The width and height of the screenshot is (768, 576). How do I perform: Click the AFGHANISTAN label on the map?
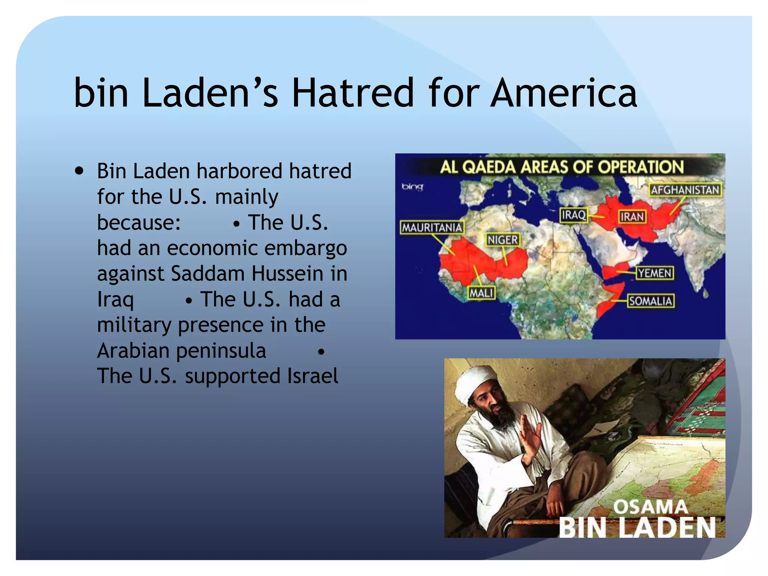click(x=685, y=190)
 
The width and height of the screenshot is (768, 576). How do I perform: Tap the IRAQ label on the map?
click(x=573, y=215)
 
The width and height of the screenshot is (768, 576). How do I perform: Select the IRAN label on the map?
click(x=632, y=216)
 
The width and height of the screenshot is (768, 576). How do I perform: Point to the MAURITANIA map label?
click(x=432, y=227)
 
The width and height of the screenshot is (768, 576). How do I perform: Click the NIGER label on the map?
click(x=502, y=240)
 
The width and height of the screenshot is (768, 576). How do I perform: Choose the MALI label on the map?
click(x=481, y=292)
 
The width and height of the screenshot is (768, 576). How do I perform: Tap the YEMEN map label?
click(x=654, y=273)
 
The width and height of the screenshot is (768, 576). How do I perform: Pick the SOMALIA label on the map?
click(x=651, y=301)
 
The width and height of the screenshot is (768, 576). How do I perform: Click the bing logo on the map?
click(x=412, y=186)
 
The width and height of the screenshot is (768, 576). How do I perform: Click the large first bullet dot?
click(x=79, y=171)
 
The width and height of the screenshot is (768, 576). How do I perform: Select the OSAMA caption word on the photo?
click(x=650, y=507)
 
